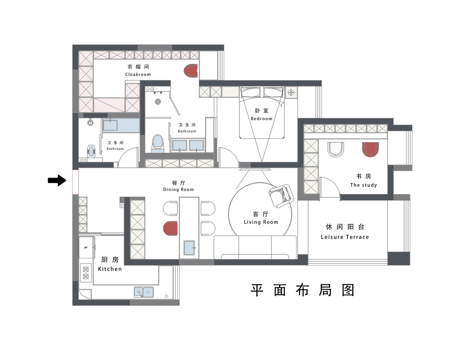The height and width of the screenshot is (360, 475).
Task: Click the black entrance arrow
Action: (57, 180)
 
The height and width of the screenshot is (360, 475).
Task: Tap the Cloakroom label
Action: (138, 74)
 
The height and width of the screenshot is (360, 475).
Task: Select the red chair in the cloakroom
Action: (191, 70)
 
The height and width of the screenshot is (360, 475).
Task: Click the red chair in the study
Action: (370, 149)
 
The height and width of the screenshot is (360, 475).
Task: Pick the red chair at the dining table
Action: (170, 228)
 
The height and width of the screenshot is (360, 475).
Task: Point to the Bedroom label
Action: (261, 119)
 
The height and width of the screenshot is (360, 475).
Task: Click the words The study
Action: (363, 185)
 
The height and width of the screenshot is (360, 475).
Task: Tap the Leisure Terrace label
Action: (345, 237)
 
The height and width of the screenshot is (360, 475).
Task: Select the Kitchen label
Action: (110, 269)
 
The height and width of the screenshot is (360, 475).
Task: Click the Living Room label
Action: (261, 222)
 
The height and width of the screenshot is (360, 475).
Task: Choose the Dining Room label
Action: (178, 189)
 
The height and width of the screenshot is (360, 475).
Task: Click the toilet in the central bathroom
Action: (158, 143)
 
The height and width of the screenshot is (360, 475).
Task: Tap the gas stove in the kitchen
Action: (86, 273)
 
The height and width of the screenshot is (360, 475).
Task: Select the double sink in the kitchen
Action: (143, 292)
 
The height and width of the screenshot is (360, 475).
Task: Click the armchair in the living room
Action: (281, 196)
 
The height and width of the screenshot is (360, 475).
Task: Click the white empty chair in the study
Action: (335, 149)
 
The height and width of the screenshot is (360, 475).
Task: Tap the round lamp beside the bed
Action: (291, 93)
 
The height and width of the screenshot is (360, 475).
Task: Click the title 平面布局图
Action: (302, 290)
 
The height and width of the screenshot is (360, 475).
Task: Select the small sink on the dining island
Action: (189, 248)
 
